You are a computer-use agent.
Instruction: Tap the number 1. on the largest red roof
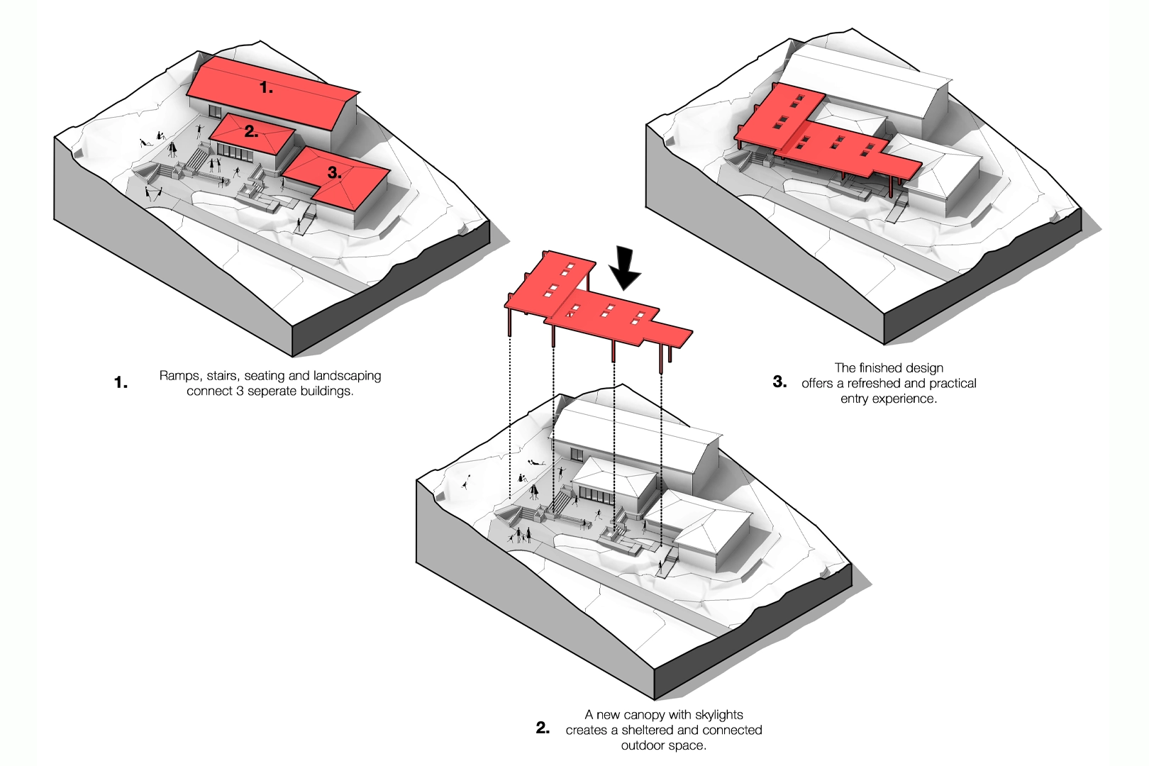(266, 88)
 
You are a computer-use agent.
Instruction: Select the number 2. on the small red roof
(251, 131)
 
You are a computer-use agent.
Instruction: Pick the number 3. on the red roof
(335, 173)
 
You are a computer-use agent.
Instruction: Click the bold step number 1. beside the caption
(121, 383)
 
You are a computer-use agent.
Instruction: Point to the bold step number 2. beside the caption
(543, 728)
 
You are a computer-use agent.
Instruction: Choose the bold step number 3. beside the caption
(779, 382)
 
